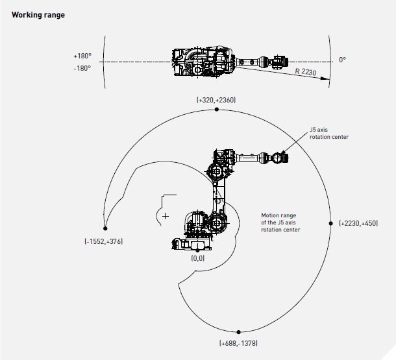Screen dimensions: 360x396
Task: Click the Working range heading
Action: tap(38, 14)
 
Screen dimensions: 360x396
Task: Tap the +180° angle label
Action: tap(82, 56)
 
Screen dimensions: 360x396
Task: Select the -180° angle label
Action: tap(82, 67)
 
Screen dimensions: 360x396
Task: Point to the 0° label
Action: tap(342, 60)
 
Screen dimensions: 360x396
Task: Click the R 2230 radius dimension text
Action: tap(305, 72)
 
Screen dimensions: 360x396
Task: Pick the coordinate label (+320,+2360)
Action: tap(216, 100)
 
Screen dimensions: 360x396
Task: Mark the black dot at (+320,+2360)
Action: tap(216, 110)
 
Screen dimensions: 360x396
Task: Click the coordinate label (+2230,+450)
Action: tap(358, 223)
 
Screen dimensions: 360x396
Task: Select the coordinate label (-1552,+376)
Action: tap(103, 241)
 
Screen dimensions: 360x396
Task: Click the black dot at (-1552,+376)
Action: tap(105, 228)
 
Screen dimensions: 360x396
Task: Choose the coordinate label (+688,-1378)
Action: tap(239, 342)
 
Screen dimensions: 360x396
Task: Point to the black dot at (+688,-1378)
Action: tap(239, 332)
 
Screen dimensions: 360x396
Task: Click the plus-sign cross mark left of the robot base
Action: tap(166, 215)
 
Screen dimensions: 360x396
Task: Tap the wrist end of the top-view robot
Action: tap(279, 62)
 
